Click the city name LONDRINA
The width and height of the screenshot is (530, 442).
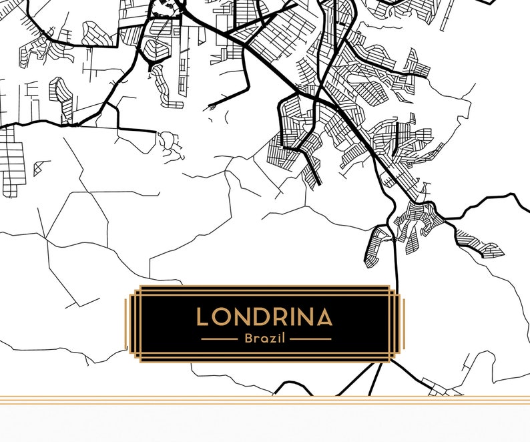coord(264,317)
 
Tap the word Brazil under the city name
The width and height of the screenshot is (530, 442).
coord(265,339)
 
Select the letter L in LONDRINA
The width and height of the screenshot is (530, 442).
coord(202,317)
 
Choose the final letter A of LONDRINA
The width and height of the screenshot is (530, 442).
coord(324,317)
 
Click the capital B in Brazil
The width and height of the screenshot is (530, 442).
coord(248,339)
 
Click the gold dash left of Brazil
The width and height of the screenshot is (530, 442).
coord(220,339)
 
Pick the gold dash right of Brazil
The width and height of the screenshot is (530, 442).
coord(310,339)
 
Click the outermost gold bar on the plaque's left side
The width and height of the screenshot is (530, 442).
coord(126,323)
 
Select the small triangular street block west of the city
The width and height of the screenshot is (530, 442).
coord(41,168)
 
